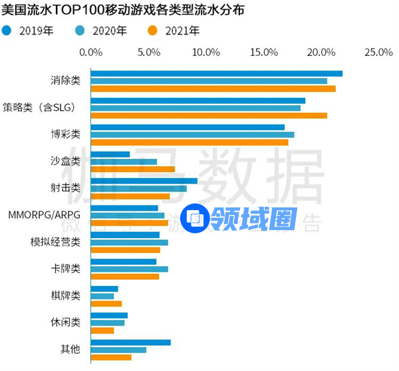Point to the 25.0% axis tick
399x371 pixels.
(379, 52)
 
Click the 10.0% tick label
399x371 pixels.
(205, 52)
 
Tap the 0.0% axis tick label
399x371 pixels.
(90, 52)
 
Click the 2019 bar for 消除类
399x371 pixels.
(216, 73)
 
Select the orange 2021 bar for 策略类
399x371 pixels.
(208, 115)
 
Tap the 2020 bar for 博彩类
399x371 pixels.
(192, 134)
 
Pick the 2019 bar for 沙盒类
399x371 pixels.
(110, 154)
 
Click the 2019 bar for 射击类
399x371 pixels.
(144, 181)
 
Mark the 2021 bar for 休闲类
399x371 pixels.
(102, 330)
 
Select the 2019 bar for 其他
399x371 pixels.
(130, 342)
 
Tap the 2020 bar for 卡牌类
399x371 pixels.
(129, 269)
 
